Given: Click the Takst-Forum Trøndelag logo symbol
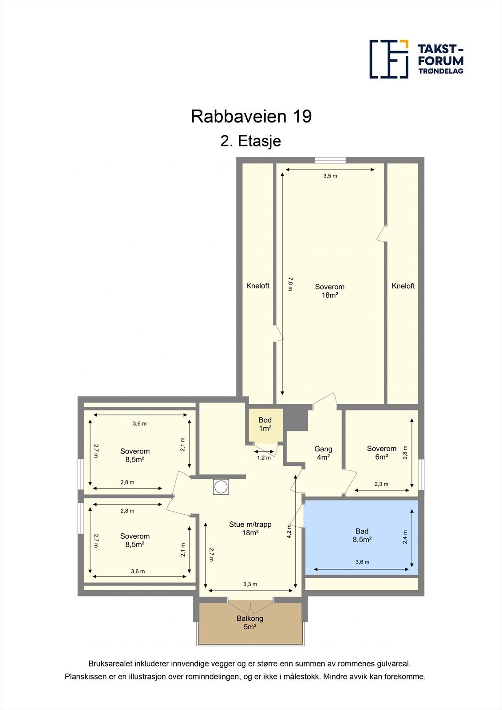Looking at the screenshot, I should [x=389, y=59].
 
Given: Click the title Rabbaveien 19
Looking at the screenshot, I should [x=251, y=116].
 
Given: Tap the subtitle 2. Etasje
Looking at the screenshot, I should [x=251, y=141].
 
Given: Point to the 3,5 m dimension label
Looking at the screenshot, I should [x=330, y=176].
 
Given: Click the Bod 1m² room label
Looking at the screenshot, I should [x=265, y=424].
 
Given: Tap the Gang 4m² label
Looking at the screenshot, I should [x=323, y=453].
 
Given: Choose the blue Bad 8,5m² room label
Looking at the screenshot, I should [x=362, y=535].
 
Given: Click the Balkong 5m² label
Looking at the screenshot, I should [x=250, y=623].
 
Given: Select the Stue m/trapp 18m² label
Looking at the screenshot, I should [x=250, y=529].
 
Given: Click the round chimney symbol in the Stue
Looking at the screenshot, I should [x=221, y=487].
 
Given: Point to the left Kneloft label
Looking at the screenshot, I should [x=258, y=286].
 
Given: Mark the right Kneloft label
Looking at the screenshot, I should [x=403, y=286].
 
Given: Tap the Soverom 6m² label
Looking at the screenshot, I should [x=382, y=453].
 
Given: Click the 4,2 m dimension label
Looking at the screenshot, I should [x=289, y=531].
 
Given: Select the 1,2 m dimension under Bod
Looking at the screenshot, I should [x=264, y=458].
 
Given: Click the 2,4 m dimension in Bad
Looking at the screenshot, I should [x=405, y=537].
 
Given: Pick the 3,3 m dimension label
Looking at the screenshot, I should [x=250, y=584].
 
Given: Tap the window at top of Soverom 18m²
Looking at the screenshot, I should [x=330, y=160].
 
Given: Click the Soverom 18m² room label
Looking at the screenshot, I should [x=330, y=291].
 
